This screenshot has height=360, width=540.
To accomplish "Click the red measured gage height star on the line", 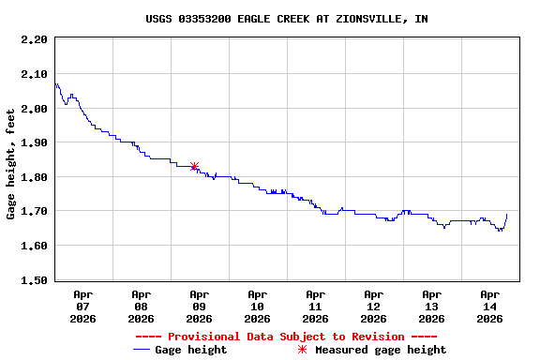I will pos(194,166).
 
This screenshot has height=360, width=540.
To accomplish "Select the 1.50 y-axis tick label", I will pos(34,280).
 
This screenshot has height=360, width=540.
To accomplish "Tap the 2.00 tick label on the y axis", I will pos(34,109).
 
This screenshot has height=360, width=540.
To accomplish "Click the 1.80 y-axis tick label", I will pos(34,177).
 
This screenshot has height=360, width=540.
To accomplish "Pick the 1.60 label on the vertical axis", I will pos(34,246).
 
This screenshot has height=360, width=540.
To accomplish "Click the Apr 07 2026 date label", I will pos(83,306).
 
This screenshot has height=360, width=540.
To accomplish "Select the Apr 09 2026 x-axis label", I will pos(200,306).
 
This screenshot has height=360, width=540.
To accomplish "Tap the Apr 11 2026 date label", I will pos(316,306).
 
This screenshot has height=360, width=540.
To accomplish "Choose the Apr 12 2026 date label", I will pos(374,306).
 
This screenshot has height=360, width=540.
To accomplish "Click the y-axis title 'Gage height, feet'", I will pos(11,159).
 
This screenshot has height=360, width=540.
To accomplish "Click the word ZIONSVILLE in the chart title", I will pos(372,19).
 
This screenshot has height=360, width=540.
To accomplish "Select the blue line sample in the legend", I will pos(142,350).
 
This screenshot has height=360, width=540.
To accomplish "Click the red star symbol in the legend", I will pos(302,350).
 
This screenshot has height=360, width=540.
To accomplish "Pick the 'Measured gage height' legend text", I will pos(381,350).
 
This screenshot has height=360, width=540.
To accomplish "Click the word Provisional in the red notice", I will pos(203,337).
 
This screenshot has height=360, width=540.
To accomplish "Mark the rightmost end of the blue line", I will pos(507,215).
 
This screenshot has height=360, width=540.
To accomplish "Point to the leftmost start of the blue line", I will pos(55,84).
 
